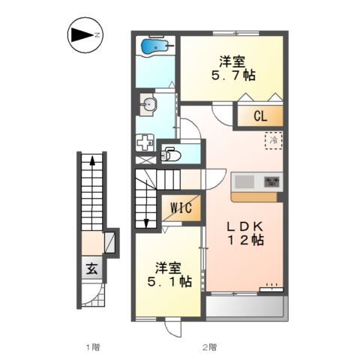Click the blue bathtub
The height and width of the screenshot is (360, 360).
tap(154, 46)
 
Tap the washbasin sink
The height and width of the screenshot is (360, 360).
tap(149, 104)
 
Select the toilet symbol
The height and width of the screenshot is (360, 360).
tap(171, 154)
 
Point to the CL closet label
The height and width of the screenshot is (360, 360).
tap(260, 116)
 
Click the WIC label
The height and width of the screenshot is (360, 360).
tap(181, 208)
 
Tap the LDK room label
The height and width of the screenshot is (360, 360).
tap(244, 226)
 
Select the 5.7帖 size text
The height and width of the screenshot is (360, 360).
tap(233, 75)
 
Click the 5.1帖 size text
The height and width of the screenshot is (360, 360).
tap(169, 281)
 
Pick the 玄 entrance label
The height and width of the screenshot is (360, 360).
tap(91, 269)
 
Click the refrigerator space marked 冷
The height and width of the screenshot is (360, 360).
tap(274, 140)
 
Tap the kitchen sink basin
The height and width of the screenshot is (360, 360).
tap(244, 181)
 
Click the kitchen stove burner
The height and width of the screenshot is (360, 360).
tap(272, 181)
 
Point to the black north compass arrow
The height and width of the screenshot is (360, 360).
tap(82, 35)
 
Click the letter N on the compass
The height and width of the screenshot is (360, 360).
tap(97, 35)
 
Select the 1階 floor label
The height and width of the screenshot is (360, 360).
tap(93, 346)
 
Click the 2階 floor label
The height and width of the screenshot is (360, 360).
tap(209, 346)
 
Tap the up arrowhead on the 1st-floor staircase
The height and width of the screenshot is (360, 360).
tap(92, 160)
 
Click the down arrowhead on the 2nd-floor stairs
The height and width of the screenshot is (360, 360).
tap(146, 223)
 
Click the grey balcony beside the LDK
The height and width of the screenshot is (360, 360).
tap(245, 307)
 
